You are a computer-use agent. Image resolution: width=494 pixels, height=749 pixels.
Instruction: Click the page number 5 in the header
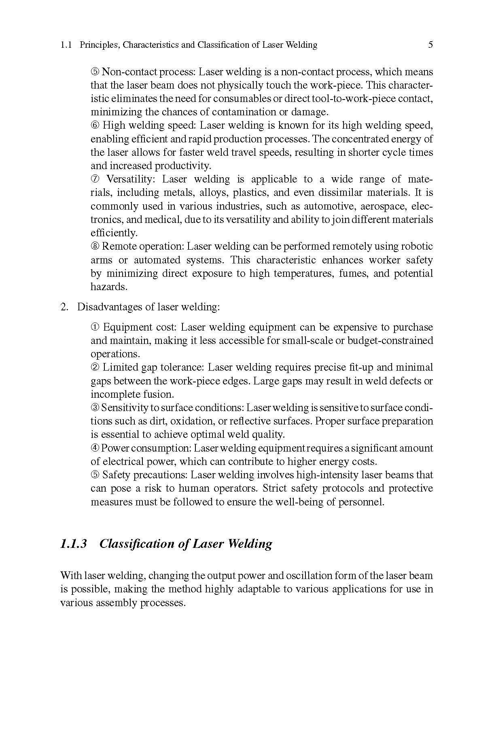coord(430,45)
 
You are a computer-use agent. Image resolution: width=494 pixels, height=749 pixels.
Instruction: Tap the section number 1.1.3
coord(74,543)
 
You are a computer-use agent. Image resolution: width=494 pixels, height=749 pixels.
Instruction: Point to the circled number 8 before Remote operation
coord(95,247)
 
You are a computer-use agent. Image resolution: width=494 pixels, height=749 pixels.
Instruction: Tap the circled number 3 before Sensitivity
coord(95,408)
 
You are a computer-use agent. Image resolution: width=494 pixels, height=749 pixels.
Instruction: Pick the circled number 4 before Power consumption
coord(95,448)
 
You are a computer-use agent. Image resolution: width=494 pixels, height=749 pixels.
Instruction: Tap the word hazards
coord(109,287)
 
